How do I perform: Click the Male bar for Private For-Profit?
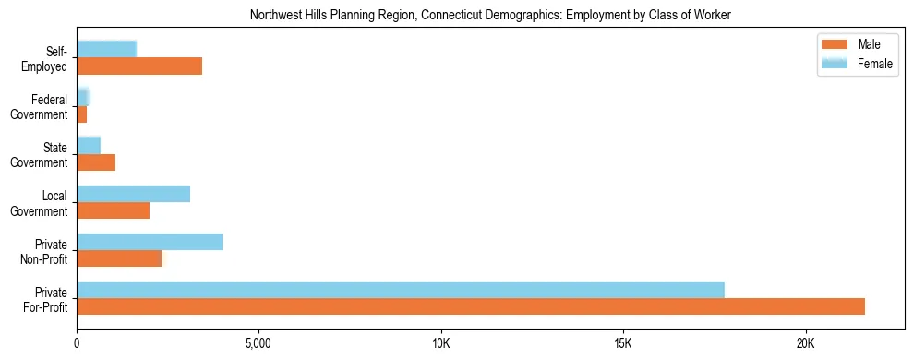(471, 306)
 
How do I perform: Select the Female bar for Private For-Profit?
(401, 290)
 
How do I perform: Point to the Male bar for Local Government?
(113, 210)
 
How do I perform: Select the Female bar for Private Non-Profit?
(150, 242)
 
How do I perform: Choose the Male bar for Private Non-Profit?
(119, 258)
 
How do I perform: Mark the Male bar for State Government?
(96, 162)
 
